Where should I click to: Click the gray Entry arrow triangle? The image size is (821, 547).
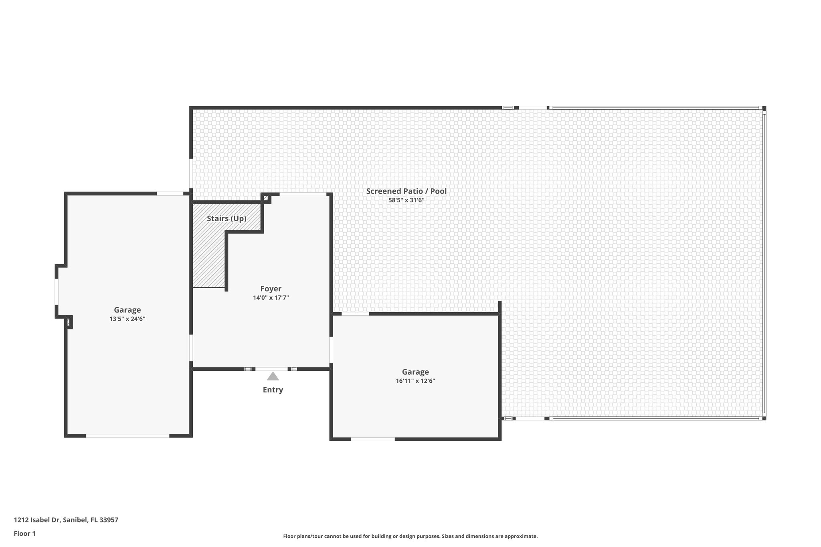[273, 376]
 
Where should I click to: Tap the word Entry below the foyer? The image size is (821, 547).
[273, 390]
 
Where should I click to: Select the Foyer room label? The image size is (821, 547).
[271, 289]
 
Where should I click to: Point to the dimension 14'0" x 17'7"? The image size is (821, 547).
[271, 298]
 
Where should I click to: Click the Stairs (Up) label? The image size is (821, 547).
[226, 218]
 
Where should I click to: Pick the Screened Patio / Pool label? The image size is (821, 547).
[406, 191]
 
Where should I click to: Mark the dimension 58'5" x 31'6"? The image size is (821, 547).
[406, 200]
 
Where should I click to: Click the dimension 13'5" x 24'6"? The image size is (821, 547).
[127, 319]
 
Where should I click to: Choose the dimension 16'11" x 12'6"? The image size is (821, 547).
[415, 381]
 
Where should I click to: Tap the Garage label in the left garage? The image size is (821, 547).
[127, 310]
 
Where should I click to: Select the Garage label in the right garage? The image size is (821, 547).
[415, 372]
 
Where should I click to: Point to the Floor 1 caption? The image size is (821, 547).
[25, 533]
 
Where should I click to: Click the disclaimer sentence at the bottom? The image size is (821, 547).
[410, 536]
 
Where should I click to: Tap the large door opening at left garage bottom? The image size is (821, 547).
[127, 436]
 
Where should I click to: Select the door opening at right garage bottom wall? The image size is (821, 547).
[373, 439]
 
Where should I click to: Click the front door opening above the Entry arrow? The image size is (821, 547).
[271, 369]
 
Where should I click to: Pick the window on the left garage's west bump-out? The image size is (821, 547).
[57, 291]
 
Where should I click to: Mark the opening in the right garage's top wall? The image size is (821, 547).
[355, 314]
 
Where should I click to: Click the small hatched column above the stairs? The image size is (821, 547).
[266, 198]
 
